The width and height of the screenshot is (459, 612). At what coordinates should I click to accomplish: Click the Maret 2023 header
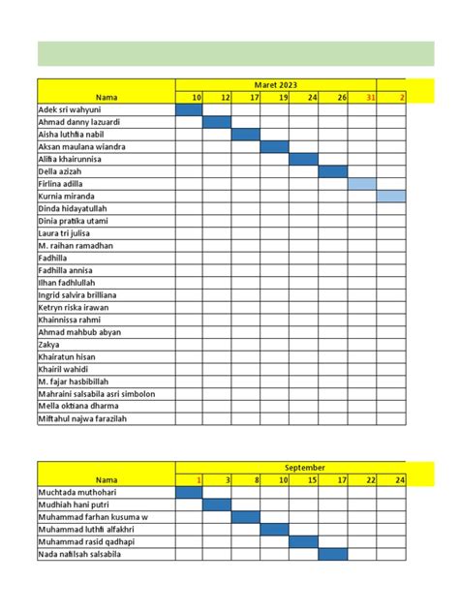click(276, 84)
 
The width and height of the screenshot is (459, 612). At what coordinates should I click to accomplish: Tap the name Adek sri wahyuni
click(70, 109)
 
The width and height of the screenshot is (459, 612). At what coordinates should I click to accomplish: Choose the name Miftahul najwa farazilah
click(83, 418)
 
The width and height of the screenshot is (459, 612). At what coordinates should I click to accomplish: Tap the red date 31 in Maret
click(369, 97)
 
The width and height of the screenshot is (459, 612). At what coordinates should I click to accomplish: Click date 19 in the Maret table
click(282, 97)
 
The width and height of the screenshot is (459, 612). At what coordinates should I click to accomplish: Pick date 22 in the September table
click(369, 479)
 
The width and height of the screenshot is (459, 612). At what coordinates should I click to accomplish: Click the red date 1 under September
click(198, 479)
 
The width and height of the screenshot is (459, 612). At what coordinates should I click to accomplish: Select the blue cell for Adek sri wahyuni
click(189, 109)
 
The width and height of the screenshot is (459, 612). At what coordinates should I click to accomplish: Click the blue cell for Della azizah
click(333, 171)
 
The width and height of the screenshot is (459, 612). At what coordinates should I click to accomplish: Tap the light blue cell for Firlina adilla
click(362, 184)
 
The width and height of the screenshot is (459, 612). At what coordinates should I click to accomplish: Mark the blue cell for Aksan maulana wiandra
click(275, 147)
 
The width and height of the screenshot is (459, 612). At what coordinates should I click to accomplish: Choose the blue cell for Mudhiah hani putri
click(217, 505)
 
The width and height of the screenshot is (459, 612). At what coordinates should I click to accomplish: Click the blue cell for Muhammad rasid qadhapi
click(304, 541)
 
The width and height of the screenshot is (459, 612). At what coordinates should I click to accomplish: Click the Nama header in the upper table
click(106, 97)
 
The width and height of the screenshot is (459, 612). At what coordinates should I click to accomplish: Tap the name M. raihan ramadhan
click(76, 246)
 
